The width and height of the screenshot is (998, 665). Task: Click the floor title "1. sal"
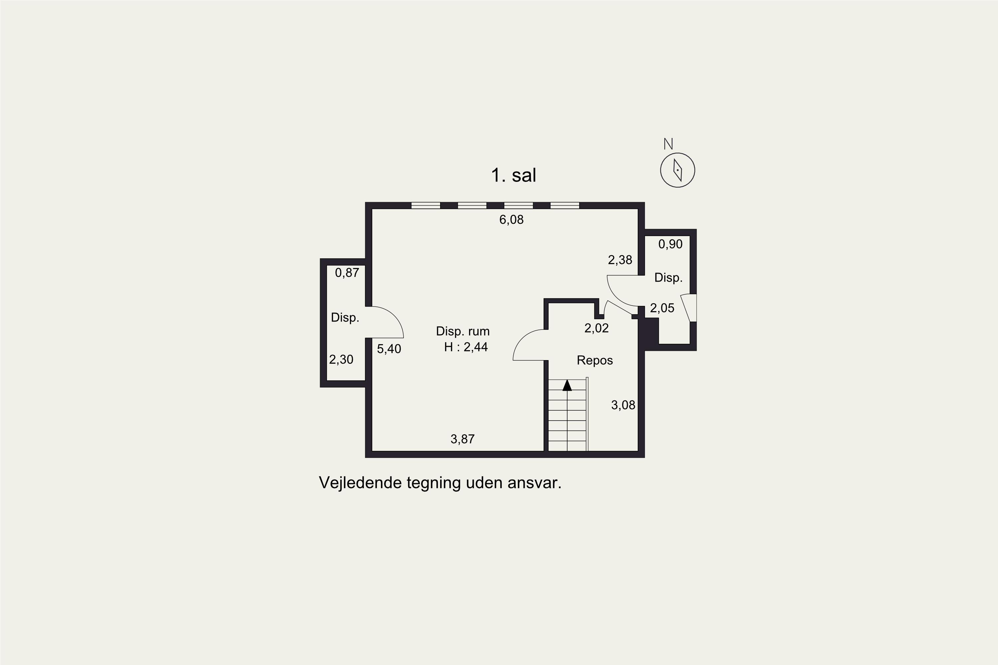(513, 175)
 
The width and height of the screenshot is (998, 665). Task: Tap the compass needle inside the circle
(678, 170)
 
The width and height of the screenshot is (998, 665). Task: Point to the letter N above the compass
(668, 144)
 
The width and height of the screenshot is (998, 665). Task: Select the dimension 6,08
(511, 220)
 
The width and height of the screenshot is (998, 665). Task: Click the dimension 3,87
(462, 439)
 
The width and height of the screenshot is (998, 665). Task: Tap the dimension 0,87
(347, 273)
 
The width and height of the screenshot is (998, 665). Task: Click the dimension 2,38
(620, 260)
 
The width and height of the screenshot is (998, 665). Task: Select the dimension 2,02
(596, 328)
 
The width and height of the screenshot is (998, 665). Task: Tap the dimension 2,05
(662, 308)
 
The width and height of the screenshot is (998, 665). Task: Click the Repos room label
(595, 360)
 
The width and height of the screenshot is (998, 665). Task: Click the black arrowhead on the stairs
(567, 385)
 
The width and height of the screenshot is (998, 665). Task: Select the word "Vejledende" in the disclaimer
(360, 483)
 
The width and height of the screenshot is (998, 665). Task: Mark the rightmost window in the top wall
(565, 206)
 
